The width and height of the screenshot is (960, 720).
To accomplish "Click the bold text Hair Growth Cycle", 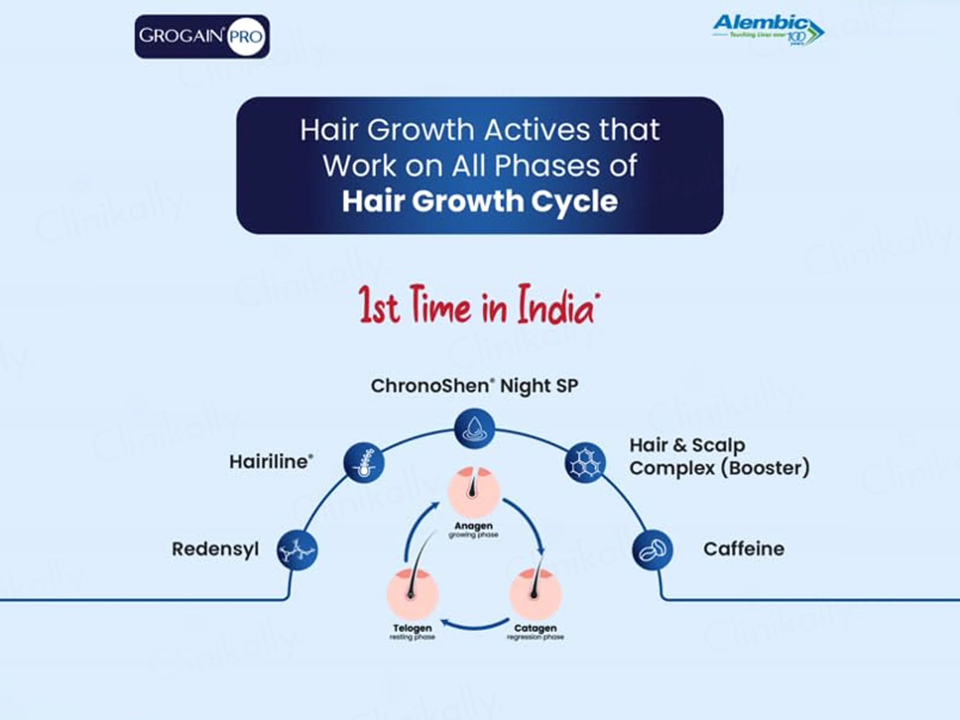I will pos(479,201).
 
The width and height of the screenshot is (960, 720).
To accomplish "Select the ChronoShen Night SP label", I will pos(474,386).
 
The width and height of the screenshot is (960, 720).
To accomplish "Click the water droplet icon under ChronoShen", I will pos(474,428).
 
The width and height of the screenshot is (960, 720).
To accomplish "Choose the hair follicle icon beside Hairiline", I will pos(364,463).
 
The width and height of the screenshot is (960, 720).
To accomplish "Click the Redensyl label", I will pos(215,549).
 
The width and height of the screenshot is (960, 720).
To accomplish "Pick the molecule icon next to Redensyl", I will pos(297,550).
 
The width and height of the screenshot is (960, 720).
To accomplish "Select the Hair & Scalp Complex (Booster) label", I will pos(719,456).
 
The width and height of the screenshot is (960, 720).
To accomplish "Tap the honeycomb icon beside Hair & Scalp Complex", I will pos(585,463).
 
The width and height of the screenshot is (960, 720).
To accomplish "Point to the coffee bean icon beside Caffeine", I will pos(652,550).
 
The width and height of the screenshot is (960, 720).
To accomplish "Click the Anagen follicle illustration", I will pos(474,492).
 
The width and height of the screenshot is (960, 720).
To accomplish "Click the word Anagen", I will pos(473,526).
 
